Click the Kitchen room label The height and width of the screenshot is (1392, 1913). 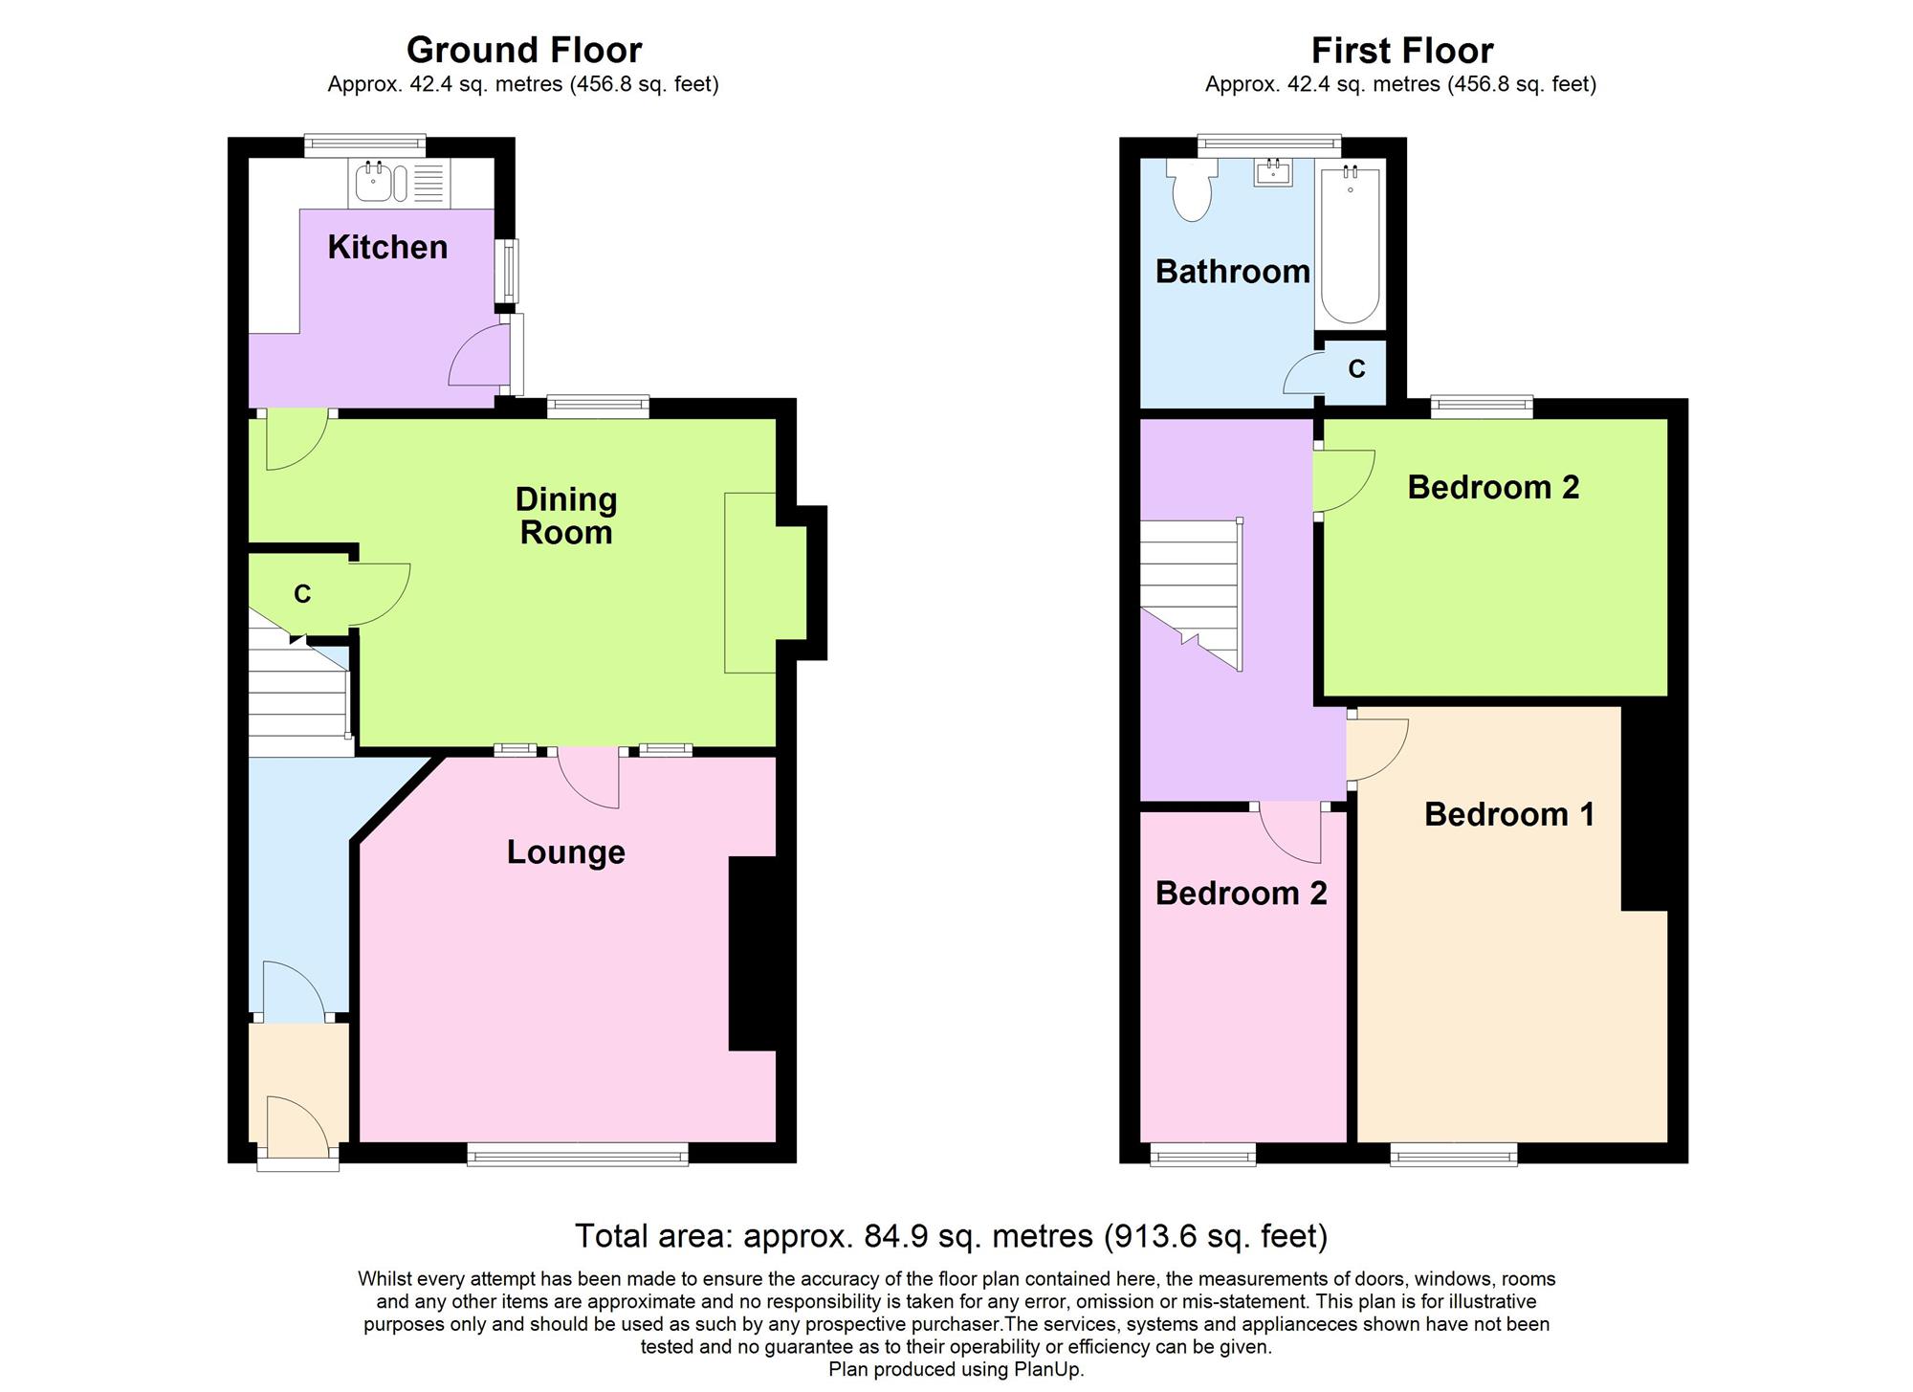click(x=387, y=247)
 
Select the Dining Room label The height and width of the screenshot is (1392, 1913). click(x=566, y=516)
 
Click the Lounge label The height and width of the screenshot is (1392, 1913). click(x=565, y=851)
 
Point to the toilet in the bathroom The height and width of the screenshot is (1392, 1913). click(x=1192, y=192)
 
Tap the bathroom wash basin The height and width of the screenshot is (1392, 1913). click(x=1274, y=173)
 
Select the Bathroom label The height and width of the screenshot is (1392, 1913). click(x=1232, y=272)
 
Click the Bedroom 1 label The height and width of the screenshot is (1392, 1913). click(x=1509, y=814)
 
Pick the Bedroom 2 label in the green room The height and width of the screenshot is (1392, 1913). click(x=1493, y=487)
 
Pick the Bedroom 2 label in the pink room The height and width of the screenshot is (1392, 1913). click(x=1241, y=893)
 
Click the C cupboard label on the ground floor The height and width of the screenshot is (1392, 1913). click(x=302, y=594)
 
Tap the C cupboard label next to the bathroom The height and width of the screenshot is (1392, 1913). click(x=1356, y=369)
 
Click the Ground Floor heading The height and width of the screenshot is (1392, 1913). click(x=523, y=49)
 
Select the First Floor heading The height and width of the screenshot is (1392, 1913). click(x=1401, y=50)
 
